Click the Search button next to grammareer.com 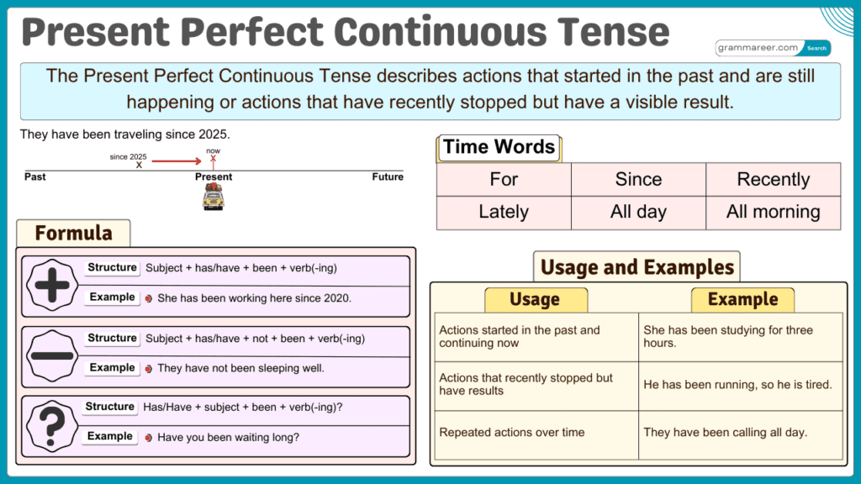[817, 48]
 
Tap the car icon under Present [213, 198]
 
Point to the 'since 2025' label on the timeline [129, 156]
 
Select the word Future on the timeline [388, 177]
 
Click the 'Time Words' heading [499, 147]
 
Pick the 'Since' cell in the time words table [638, 179]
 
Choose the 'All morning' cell [773, 213]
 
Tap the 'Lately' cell [504, 213]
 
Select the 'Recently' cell [773, 179]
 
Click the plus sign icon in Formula [52, 285]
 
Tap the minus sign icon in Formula [52, 355]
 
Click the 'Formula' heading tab [73, 233]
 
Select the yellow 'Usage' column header [535, 299]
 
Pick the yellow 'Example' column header [742, 299]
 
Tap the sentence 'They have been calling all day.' [725, 433]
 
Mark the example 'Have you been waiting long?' [228, 437]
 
